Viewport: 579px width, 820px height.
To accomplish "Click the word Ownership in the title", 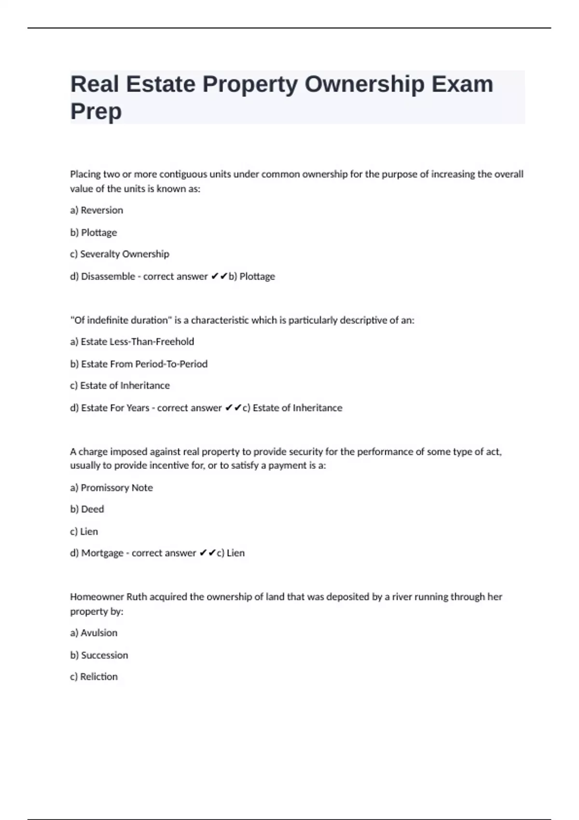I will (364, 84).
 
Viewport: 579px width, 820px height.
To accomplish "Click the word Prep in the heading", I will (96, 111).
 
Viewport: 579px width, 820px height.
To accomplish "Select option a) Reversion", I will (96, 210).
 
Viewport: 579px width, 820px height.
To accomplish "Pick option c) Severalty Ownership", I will (120, 254).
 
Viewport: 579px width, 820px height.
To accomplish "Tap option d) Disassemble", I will (102, 276).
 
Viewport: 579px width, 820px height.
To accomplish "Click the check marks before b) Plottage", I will (219, 276).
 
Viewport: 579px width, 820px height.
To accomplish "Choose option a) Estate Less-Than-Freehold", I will (132, 342).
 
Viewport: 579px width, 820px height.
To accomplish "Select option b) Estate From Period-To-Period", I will (139, 364).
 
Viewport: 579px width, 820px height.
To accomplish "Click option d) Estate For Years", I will (110, 408).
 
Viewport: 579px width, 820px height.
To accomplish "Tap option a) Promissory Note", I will (111, 488).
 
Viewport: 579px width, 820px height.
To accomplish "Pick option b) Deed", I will (87, 509).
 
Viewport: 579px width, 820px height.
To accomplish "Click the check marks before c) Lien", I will (207, 553).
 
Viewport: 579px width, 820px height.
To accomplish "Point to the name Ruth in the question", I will (137, 597).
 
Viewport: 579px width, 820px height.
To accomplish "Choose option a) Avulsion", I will (94, 633).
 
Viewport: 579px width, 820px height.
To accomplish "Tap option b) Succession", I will (99, 656).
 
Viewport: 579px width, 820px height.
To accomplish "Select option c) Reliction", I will (94, 677).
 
